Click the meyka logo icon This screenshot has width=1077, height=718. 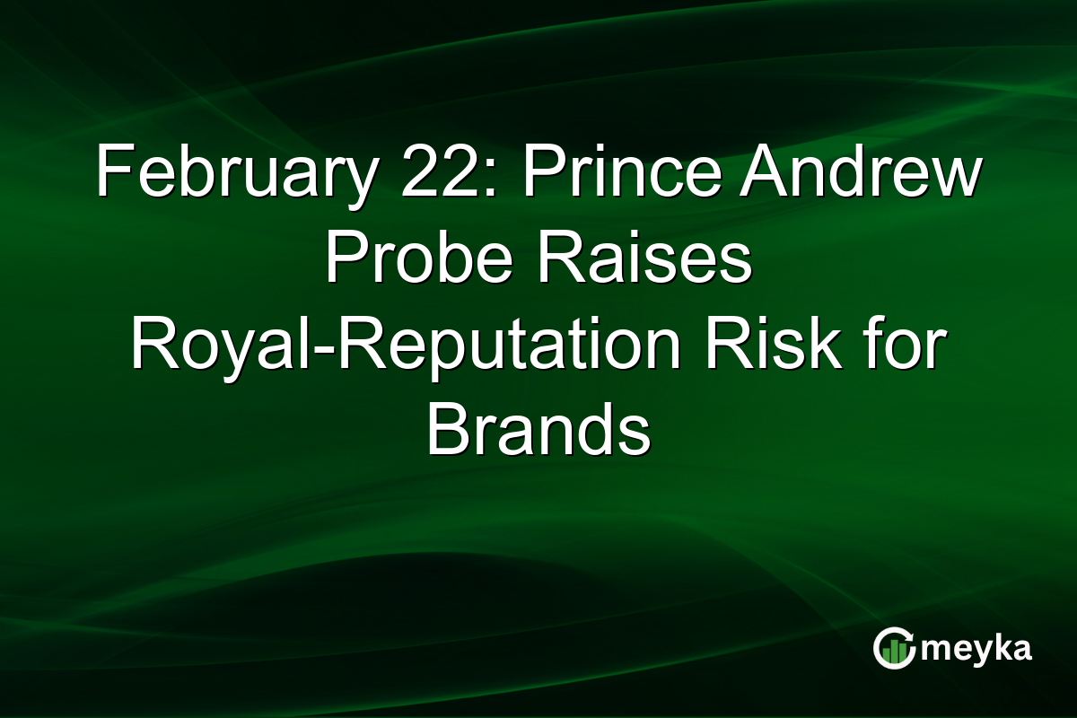[894, 648]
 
